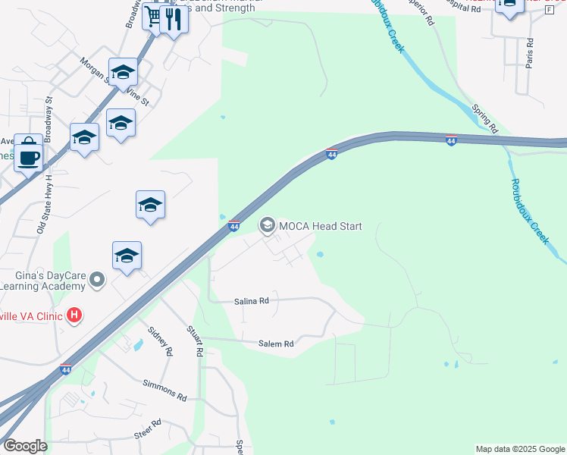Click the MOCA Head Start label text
[x=321, y=226]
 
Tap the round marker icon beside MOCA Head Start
[x=267, y=225]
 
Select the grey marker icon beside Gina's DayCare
[x=96, y=281]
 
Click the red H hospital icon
[x=74, y=314]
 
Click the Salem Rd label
[x=276, y=344]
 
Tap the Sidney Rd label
[x=161, y=342]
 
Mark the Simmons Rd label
[x=164, y=391]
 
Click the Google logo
[x=24, y=446]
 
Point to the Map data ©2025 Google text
[x=520, y=449]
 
